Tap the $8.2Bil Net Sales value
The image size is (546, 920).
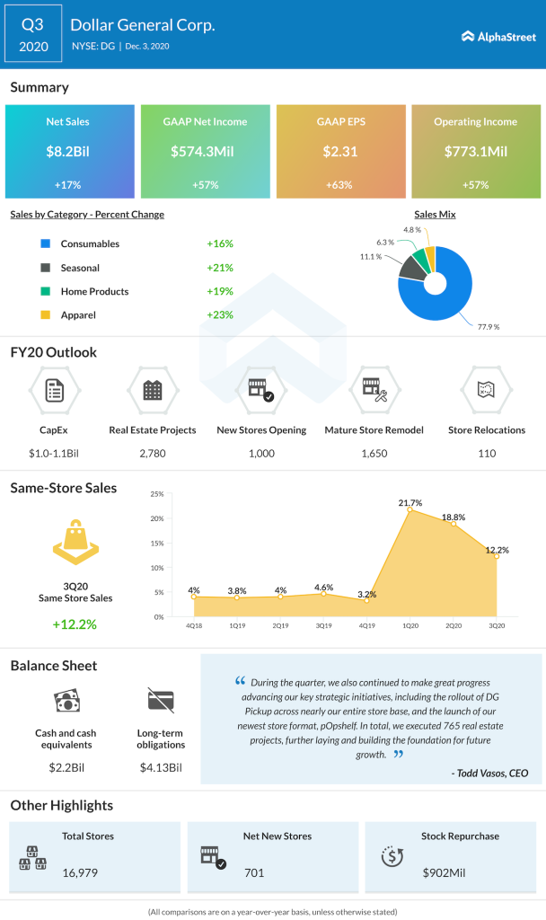pos(68,153)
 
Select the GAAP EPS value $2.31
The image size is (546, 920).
pos(340,153)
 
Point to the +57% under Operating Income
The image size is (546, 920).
pos(475,185)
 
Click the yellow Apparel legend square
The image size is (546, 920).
pos(44,315)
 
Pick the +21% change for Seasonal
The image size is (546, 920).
pos(220,268)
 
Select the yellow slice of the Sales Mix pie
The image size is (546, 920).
pos(429,259)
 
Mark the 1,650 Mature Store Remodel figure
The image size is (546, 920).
pos(374,453)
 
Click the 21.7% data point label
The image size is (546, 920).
pos(410,502)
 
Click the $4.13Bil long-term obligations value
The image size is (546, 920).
pos(162,767)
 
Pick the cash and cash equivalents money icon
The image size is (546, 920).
pos(68,702)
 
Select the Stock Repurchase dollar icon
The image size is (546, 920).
pos(392,856)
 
